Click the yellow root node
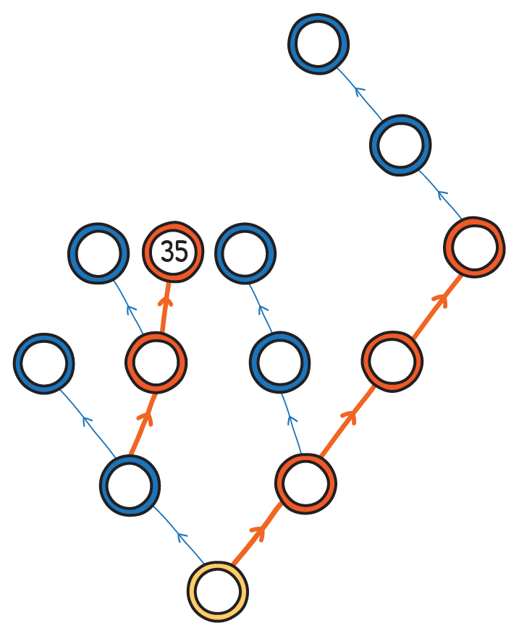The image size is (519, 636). (217, 590)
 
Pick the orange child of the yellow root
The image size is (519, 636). (305, 483)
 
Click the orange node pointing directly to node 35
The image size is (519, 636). (156, 362)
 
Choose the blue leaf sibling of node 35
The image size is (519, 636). (98, 253)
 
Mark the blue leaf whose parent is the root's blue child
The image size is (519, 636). (44, 362)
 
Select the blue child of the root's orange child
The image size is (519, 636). (279, 362)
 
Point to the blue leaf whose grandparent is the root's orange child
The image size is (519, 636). (245, 253)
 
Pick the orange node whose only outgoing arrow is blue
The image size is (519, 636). (474, 247)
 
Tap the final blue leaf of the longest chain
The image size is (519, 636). (318, 43)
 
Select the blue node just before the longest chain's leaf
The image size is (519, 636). (400, 144)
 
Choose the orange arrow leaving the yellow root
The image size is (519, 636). (258, 535)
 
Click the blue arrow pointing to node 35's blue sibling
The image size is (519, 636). (128, 307)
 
